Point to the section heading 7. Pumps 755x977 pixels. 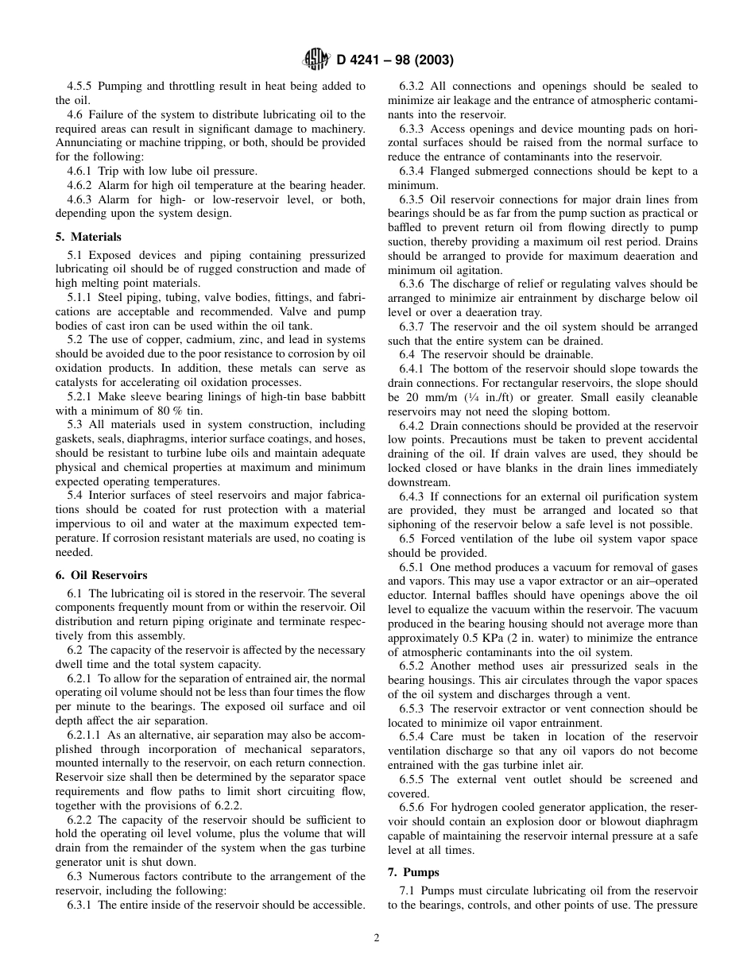coord(413,872)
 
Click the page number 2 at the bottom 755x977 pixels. coord(377,937)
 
